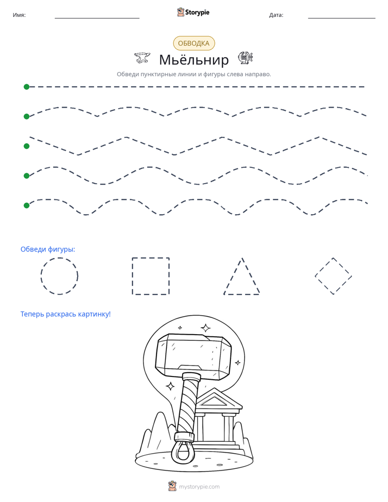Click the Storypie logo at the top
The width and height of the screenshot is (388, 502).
193,12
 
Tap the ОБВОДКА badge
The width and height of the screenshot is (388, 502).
193,43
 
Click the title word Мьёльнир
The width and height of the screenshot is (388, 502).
193,60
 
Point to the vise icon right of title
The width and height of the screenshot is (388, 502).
246,58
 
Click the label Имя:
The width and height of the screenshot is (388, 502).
19,15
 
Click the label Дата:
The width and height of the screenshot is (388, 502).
276,15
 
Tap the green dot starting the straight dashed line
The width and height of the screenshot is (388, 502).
27,87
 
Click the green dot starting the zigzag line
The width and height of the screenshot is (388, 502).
27,146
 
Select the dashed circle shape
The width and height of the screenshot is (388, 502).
41,276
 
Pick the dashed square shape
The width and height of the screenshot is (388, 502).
133,276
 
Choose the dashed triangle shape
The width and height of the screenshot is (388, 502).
233,276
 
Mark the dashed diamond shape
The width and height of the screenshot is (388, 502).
324,267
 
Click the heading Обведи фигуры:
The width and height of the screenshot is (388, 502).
48,249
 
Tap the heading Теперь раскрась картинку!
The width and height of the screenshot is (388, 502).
66,314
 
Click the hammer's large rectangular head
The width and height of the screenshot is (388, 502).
193,356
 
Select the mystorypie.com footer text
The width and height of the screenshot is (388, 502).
199,487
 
